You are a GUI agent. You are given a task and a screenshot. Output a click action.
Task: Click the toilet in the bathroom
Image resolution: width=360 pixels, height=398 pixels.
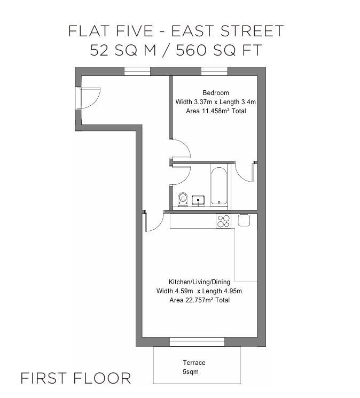coord(183,199)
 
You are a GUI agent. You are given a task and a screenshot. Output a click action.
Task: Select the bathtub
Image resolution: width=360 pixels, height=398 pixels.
coord(218,186)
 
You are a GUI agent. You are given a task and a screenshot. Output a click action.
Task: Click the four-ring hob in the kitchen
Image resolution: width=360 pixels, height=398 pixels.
coord(223,221)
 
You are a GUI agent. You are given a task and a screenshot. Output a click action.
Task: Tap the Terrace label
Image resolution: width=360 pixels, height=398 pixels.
coord(194,363)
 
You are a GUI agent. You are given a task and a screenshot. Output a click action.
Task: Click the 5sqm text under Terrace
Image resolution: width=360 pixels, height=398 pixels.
coord(190,372)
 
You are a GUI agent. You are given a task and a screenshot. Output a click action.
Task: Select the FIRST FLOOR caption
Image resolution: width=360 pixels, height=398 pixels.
coord(75,378)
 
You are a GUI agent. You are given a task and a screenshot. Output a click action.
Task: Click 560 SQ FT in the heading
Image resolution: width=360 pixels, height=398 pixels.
coord(225,51)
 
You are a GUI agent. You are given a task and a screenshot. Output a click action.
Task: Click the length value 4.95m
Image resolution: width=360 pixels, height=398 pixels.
coord(231,291)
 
